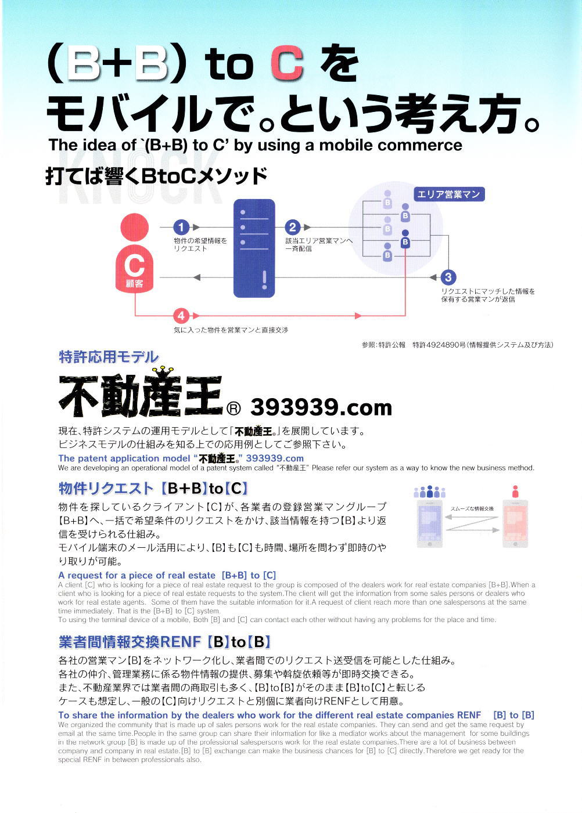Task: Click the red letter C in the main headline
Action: point(286,63)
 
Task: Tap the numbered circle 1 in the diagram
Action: point(181,227)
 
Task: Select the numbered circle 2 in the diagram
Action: point(293,227)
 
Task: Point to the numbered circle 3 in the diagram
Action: point(448,277)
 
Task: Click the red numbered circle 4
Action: point(181,316)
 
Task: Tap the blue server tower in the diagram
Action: point(254,248)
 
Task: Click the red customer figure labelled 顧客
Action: point(134,253)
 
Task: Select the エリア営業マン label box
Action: point(449,194)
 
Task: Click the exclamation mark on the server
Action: point(264,280)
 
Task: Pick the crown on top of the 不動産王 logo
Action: point(163,371)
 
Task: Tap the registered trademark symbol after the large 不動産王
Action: point(233,409)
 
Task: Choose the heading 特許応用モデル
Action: point(109,357)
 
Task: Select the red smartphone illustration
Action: point(515,524)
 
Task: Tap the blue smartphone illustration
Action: point(430,524)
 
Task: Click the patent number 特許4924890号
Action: point(439,345)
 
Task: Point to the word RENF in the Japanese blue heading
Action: point(181,642)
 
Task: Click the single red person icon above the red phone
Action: point(515,492)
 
